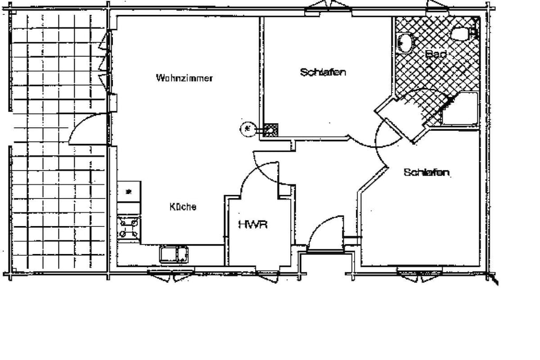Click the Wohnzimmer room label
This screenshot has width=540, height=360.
(184, 78)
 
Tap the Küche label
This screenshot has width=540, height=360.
(183, 207)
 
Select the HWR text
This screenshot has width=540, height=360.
(253, 225)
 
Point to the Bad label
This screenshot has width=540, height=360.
(436, 54)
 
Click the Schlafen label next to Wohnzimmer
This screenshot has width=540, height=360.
(323, 72)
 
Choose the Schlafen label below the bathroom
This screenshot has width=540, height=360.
(426, 172)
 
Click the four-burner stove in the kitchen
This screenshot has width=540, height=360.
(129, 228)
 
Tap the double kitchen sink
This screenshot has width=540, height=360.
(173, 255)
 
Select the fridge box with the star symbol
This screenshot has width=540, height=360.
(129, 191)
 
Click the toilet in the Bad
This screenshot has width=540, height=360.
(461, 33)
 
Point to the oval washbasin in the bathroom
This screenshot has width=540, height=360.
(404, 43)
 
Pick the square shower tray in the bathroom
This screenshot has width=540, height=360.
(460, 109)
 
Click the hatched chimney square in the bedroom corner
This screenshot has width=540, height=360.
(271, 130)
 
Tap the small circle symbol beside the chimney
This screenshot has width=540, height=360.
(247, 129)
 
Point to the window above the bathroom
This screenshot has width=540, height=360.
(437, 7)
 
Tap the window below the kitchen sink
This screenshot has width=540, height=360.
(171, 275)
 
